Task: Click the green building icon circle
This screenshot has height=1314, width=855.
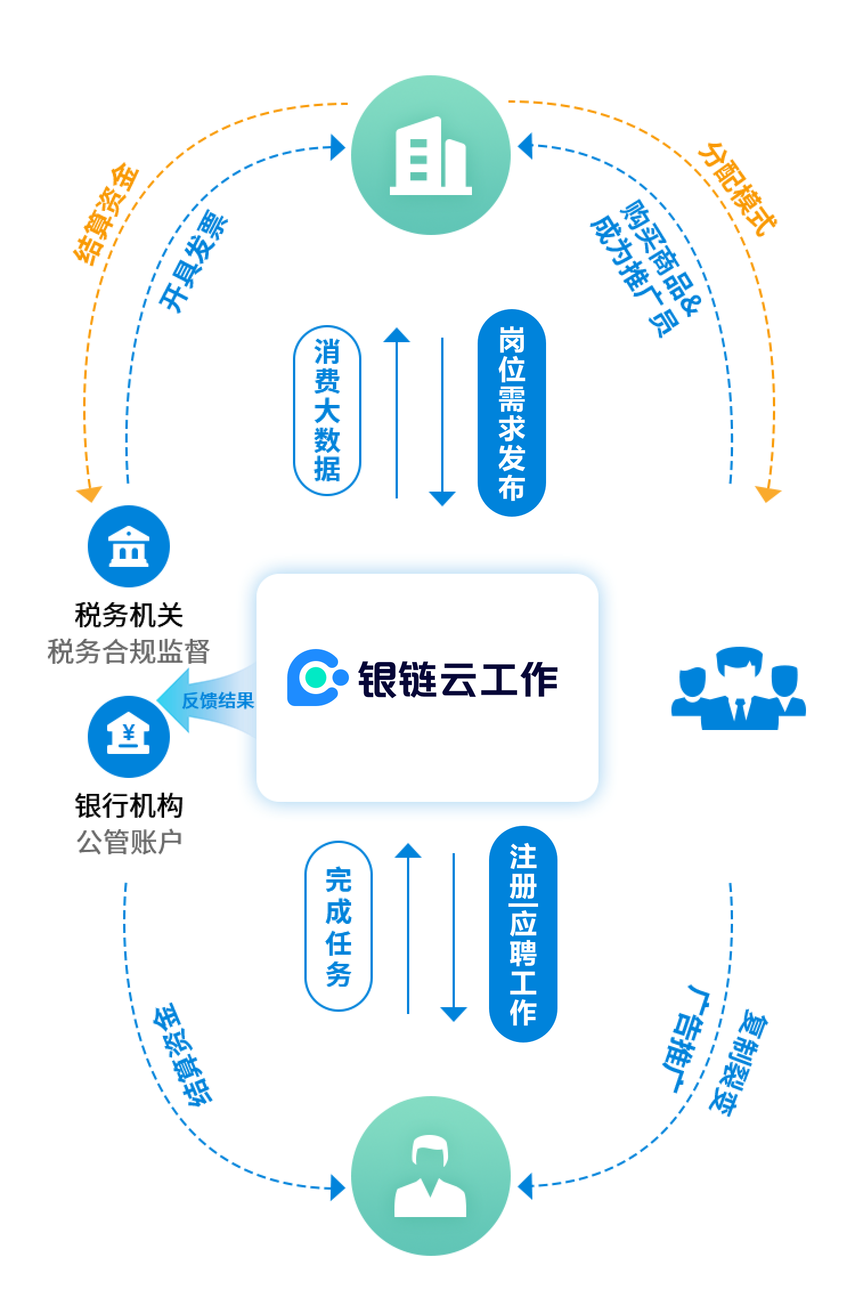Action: [430, 155]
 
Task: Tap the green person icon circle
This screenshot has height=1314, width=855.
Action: [430, 1175]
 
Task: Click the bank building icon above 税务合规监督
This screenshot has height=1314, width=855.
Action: [129, 546]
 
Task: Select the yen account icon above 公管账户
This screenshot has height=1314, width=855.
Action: [129, 736]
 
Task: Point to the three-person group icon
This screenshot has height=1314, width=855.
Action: [738, 688]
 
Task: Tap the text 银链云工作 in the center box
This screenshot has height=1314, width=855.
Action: [458, 679]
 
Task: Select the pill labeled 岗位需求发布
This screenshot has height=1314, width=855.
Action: [511, 413]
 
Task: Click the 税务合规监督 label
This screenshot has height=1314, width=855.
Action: [129, 651]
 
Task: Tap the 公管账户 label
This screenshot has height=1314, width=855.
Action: [129, 842]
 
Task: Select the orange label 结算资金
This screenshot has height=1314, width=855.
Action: [105, 215]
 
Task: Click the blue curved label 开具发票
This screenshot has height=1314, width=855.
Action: [193, 263]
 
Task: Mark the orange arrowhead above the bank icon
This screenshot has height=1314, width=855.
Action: [89, 494]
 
